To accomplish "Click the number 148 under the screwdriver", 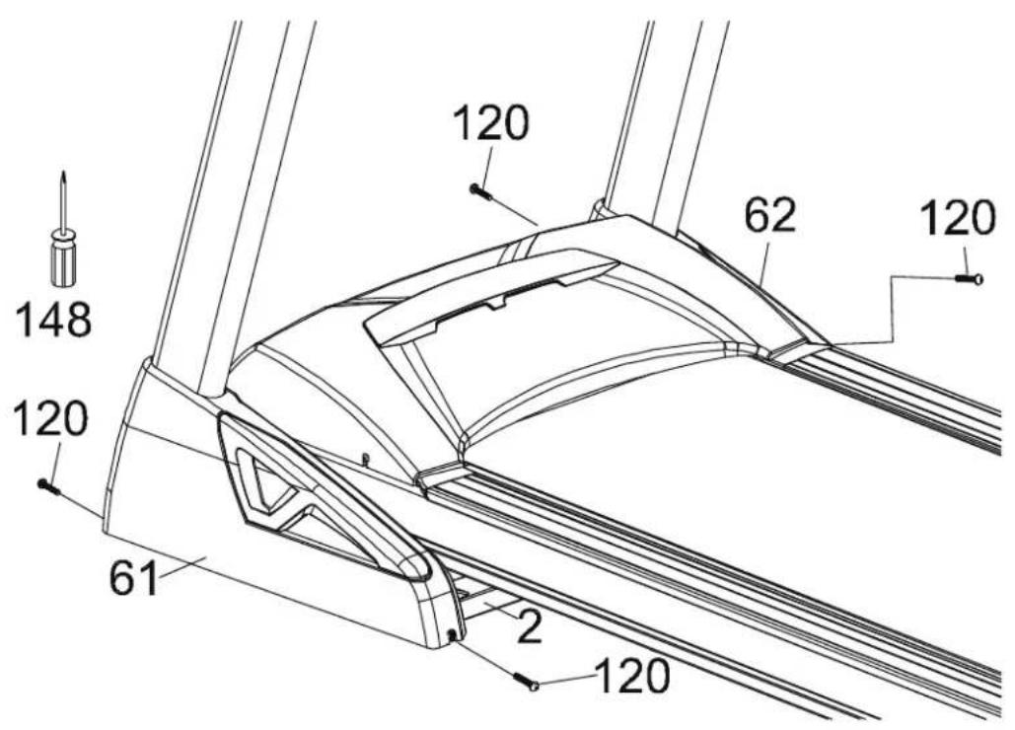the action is point(53,321).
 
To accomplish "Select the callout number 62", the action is point(769,216).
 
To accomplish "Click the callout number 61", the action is point(134,578).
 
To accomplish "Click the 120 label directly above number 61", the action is point(50,418).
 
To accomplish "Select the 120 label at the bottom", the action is point(631,677).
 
